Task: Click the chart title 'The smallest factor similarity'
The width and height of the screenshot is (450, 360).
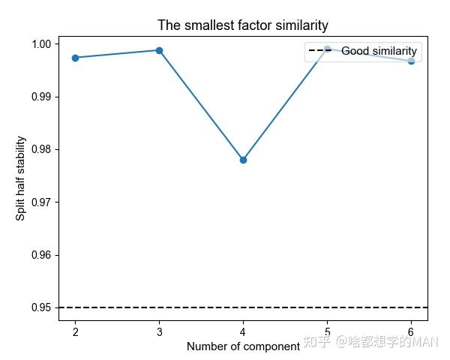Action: pos(243,25)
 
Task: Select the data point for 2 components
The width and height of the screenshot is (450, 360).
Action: pos(75,58)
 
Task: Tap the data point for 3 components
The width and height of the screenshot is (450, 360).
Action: pos(159,50)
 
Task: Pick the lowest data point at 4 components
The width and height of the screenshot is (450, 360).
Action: pos(243,160)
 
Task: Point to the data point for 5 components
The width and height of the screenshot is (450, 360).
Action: pos(327,49)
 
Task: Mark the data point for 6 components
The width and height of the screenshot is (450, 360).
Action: pos(411,61)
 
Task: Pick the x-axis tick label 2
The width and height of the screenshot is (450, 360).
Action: pos(75,331)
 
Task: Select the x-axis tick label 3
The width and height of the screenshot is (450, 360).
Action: pos(159,331)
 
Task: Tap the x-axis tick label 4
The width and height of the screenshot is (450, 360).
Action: pos(243,331)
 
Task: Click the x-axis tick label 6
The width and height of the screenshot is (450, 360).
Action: pos(411,331)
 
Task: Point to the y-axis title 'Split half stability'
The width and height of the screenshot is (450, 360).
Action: pos(21,178)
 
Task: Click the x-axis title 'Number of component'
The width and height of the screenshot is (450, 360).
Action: pos(243,346)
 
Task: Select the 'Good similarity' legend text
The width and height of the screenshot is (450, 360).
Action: pos(379,52)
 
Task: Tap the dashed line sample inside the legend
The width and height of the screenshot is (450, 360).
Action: pos(322,52)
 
